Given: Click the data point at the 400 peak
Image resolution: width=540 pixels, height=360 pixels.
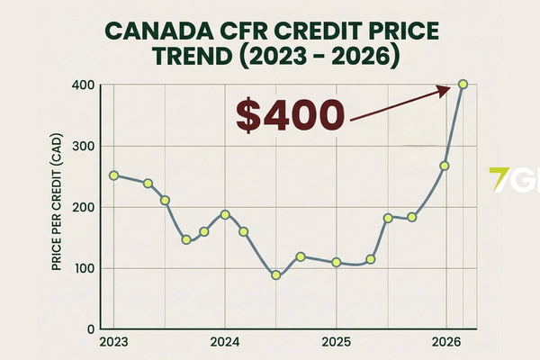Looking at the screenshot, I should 463,85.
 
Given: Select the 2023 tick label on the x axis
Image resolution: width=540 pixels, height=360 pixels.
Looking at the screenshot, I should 113,342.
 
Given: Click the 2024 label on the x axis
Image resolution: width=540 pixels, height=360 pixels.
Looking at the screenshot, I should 224,342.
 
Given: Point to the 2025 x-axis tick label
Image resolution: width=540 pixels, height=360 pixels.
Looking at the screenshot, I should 336,342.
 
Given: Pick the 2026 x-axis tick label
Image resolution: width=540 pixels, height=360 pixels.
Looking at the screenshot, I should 446,342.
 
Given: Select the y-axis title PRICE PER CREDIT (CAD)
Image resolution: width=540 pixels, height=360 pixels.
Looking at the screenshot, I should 59,208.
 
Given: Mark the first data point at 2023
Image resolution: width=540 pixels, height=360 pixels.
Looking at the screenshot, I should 113,175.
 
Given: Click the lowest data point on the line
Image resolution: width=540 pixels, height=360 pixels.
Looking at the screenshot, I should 276,275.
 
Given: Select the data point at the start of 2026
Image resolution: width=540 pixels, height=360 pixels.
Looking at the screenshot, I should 445,166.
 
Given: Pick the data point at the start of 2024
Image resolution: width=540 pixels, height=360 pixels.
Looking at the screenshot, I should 225,215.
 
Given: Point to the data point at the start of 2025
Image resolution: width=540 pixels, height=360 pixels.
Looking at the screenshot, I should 336,263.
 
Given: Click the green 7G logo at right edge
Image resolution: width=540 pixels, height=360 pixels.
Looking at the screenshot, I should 514,176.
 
